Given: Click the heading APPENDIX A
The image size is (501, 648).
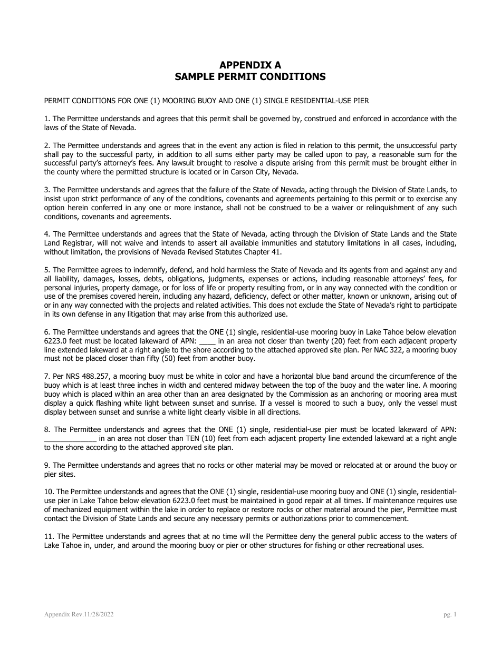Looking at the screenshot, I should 250,65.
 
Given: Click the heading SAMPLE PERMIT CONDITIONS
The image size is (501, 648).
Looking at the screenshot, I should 250,77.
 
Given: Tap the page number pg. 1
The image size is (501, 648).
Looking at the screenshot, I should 450,614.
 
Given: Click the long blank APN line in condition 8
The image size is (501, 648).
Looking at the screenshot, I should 70,439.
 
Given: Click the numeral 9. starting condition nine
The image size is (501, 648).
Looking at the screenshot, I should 47,465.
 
